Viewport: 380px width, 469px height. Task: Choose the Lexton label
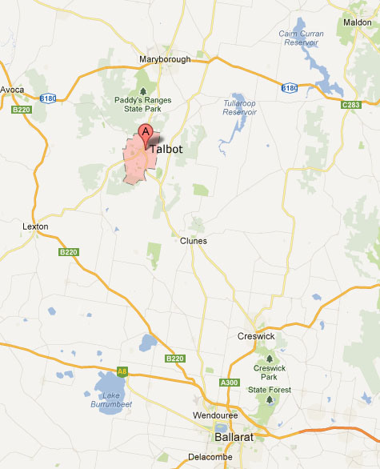click(36, 226)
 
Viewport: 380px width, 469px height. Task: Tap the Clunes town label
click(194, 240)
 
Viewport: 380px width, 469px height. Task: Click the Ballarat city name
click(234, 438)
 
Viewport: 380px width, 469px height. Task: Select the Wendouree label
click(216, 415)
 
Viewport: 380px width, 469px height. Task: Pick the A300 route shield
click(230, 383)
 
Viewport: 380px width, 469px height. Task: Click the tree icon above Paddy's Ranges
click(142, 90)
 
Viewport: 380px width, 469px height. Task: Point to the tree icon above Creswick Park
click(269, 358)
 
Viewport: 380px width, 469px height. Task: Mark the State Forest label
click(269, 390)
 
